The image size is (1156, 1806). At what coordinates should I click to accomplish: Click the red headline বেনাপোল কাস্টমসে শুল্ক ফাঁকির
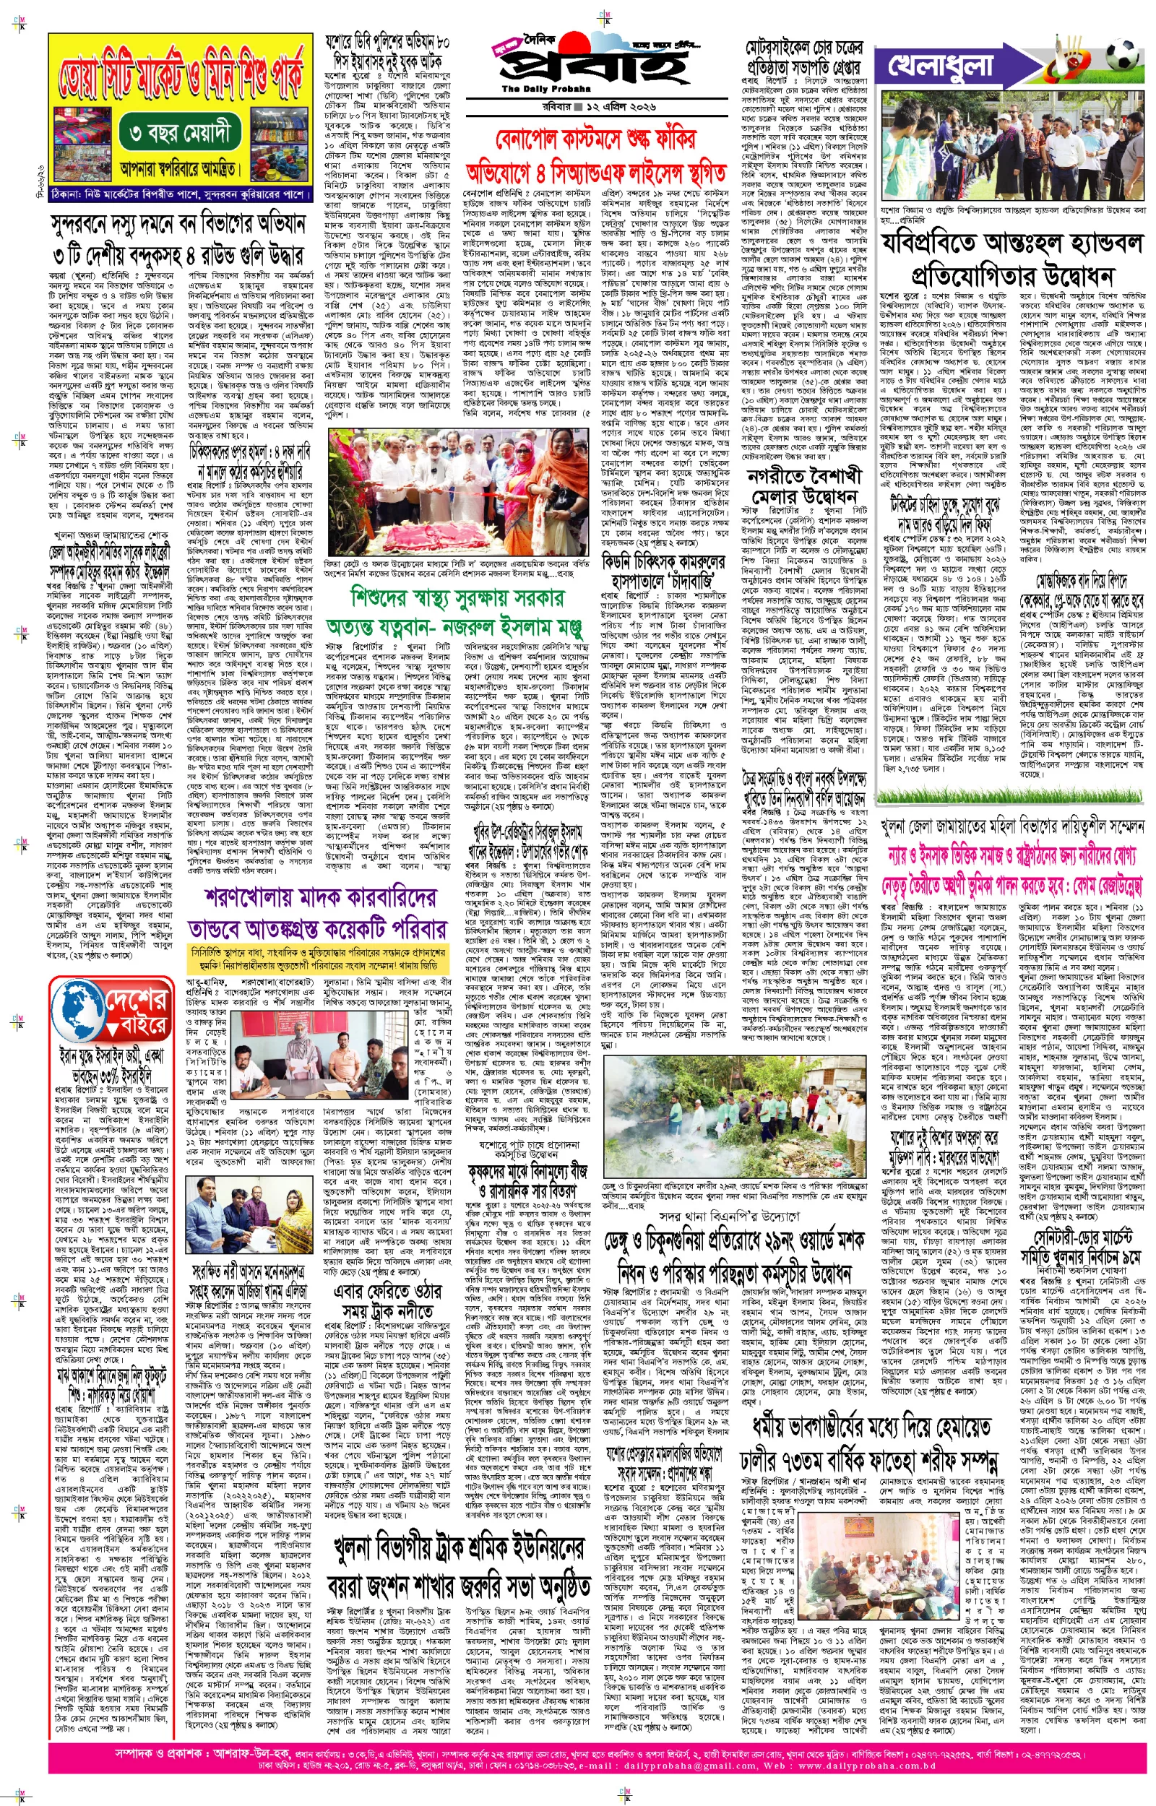click(x=595, y=139)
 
